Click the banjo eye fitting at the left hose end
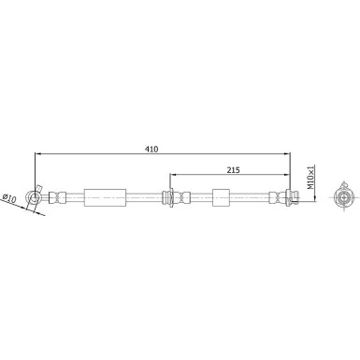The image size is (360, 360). [x=36, y=196]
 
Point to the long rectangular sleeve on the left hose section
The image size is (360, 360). [x=105, y=196]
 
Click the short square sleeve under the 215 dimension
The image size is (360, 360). [x=221, y=196]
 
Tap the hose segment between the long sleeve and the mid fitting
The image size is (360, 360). [x=144, y=196]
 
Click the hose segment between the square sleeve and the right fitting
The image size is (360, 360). [x=250, y=196]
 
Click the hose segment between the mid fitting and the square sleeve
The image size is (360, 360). [x=199, y=196]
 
